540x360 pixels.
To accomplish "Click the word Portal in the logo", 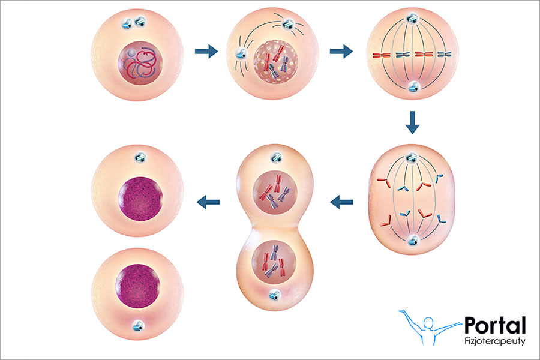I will point(495,325).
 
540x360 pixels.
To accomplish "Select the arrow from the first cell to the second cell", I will point(206,52).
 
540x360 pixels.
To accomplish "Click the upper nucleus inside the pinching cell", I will point(275,195).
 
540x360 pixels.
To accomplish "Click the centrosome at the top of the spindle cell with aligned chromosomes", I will point(412,20).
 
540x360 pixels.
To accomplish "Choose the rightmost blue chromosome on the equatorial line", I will point(444,55).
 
